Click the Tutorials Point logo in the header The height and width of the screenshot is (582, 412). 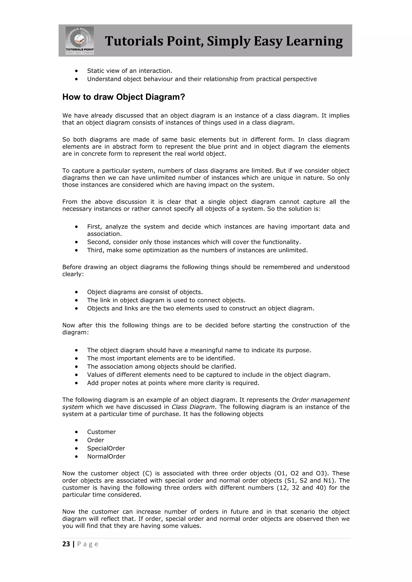tap(80, 41)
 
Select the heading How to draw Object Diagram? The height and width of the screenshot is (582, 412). tap(124, 97)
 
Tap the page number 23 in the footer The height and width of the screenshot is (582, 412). tap(66, 544)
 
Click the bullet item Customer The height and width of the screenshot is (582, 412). tap(101, 432)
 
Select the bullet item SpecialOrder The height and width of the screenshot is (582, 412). tap(106, 448)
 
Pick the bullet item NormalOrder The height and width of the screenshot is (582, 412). tap(106, 456)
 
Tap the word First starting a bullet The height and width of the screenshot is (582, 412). tap(94, 227)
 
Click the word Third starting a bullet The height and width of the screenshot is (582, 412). tap(95, 250)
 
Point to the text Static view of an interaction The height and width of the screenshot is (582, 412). tap(129, 71)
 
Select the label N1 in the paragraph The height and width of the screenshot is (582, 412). tap(328, 480)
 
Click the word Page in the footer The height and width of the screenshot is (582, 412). tap(88, 544)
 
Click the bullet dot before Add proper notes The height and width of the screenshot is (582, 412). tap(76, 383)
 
